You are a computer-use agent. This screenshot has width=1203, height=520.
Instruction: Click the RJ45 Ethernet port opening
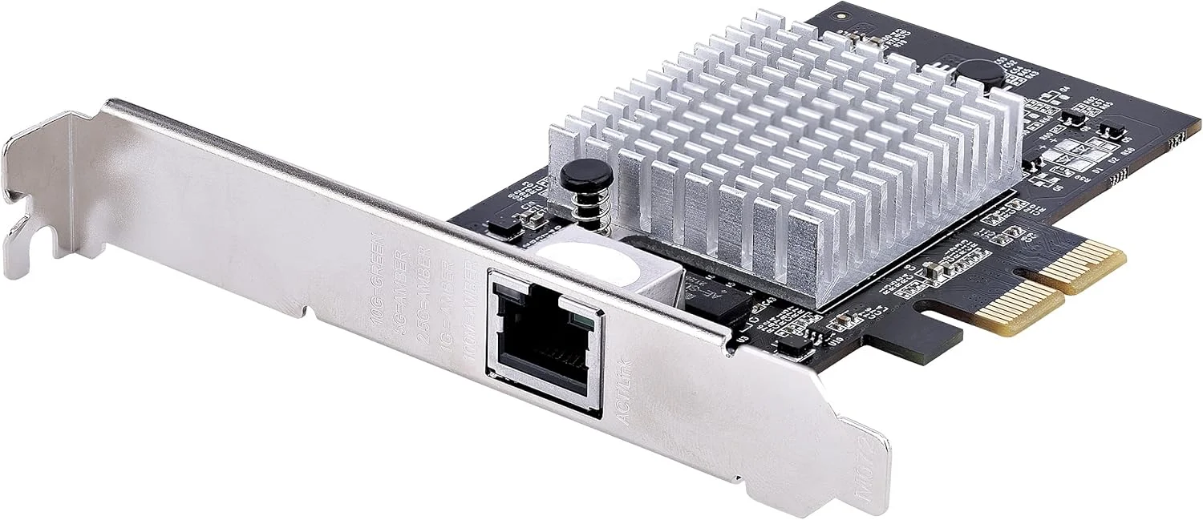pos(541,353)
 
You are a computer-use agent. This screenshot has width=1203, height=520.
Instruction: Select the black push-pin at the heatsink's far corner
pos(973,75)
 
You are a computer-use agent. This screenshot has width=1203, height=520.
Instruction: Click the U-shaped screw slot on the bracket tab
pos(32,240)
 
